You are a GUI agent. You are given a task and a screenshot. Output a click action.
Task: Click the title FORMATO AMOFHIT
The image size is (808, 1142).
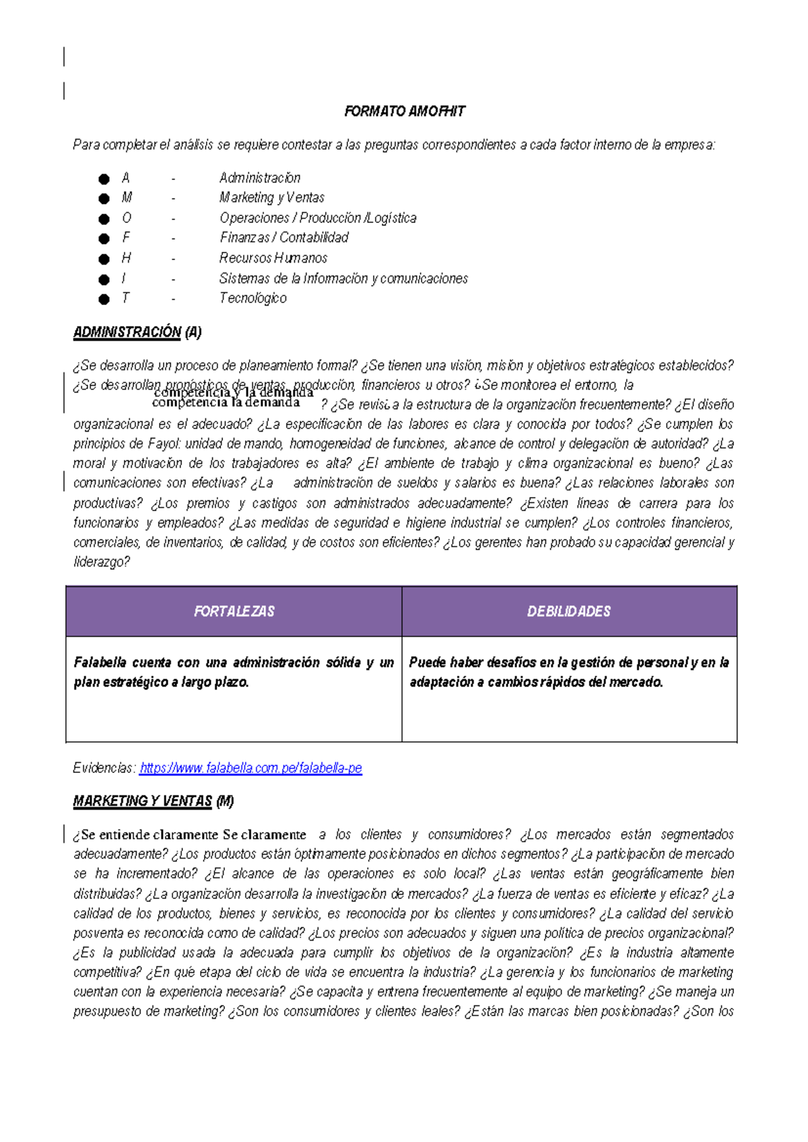404,112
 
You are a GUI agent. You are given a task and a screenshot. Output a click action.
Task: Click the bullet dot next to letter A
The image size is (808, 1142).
104,179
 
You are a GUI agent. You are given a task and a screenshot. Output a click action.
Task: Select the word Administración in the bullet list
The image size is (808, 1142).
260,178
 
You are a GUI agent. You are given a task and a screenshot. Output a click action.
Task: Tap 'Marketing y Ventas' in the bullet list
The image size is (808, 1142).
271,198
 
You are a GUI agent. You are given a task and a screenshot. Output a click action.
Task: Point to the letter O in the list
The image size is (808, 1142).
127,218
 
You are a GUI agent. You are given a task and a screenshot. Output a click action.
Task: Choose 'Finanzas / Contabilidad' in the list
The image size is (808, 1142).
284,238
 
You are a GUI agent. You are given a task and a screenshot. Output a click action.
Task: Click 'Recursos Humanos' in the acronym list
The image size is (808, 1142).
273,258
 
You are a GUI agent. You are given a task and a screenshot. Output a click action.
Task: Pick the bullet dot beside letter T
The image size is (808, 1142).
104,299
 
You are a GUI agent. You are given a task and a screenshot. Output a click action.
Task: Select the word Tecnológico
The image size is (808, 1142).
252,298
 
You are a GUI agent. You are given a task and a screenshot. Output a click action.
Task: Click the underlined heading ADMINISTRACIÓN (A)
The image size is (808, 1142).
137,333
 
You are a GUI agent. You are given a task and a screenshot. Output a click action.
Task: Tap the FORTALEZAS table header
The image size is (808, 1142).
234,611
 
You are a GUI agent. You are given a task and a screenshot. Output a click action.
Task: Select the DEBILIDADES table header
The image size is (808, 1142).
569,611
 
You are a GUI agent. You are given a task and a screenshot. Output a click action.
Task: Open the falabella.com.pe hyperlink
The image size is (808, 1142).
250,768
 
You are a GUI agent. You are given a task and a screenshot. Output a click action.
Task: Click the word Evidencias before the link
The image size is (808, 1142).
104,768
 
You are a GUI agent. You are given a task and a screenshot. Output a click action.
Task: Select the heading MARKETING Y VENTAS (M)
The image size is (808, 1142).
154,801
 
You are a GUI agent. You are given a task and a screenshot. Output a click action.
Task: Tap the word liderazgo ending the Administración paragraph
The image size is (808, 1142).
100,562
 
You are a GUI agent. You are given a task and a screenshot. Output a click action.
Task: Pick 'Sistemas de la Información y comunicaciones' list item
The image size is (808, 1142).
343,279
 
